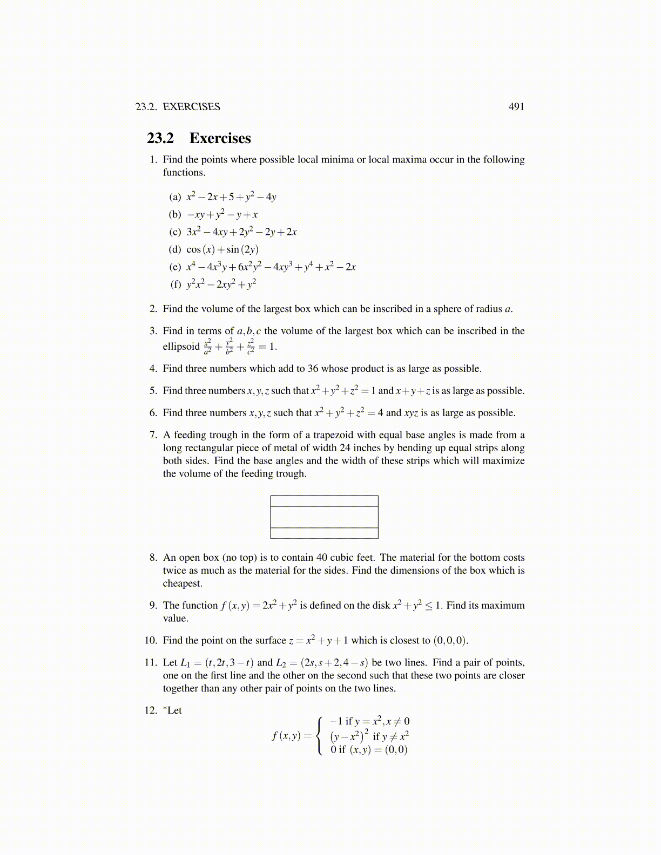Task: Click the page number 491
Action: pos(516,107)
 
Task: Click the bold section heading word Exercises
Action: pos(220,138)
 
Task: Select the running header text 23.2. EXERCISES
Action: pos(178,107)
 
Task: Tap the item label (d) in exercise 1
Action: pos(175,249)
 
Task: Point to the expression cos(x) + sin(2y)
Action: pos(222,249)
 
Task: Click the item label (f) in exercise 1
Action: pos(176,284)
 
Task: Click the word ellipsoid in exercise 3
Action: pos(181,347)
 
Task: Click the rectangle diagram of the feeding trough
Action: pos(324,517)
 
